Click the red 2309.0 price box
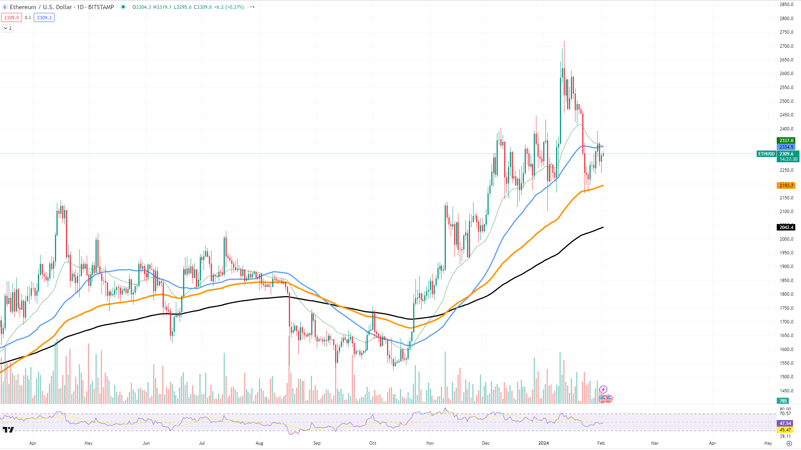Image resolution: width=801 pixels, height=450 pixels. [x=11, y=18]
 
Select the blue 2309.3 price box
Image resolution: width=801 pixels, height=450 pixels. [x=44, y=18]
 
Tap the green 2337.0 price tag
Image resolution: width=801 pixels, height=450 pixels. [x=786, y=141]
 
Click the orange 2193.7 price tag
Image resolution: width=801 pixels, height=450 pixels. [x=786, y=185]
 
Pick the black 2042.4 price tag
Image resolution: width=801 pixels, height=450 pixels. [x=786, y=227]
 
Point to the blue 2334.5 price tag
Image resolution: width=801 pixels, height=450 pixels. [x=786, y=147]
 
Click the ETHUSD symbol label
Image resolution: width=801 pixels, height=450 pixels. [x=766, y=154]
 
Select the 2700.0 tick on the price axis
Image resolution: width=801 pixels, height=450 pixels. [x=786, y=46]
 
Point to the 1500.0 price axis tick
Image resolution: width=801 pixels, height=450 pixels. [x=786, y=377]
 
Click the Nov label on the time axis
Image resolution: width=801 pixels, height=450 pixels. [x=430, y=443]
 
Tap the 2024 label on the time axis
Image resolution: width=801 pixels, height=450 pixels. [x=544, y=443]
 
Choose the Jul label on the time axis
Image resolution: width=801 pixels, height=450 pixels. [x=202, y=443]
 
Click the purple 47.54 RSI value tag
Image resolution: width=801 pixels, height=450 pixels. [x=785, y=423]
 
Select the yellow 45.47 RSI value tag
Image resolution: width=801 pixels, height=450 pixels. [x=785, y=430]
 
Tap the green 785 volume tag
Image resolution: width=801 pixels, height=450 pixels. [x=783, y=401]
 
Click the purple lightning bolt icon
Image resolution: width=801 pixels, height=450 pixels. [x=603, y=389]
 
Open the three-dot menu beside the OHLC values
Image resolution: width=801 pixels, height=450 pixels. [x=251, y=7]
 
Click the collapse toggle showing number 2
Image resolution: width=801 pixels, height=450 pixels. [x=8, y=28]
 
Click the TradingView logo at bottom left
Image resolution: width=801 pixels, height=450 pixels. [x=8, y=430]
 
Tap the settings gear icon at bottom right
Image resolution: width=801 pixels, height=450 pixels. [x=789, y=443]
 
